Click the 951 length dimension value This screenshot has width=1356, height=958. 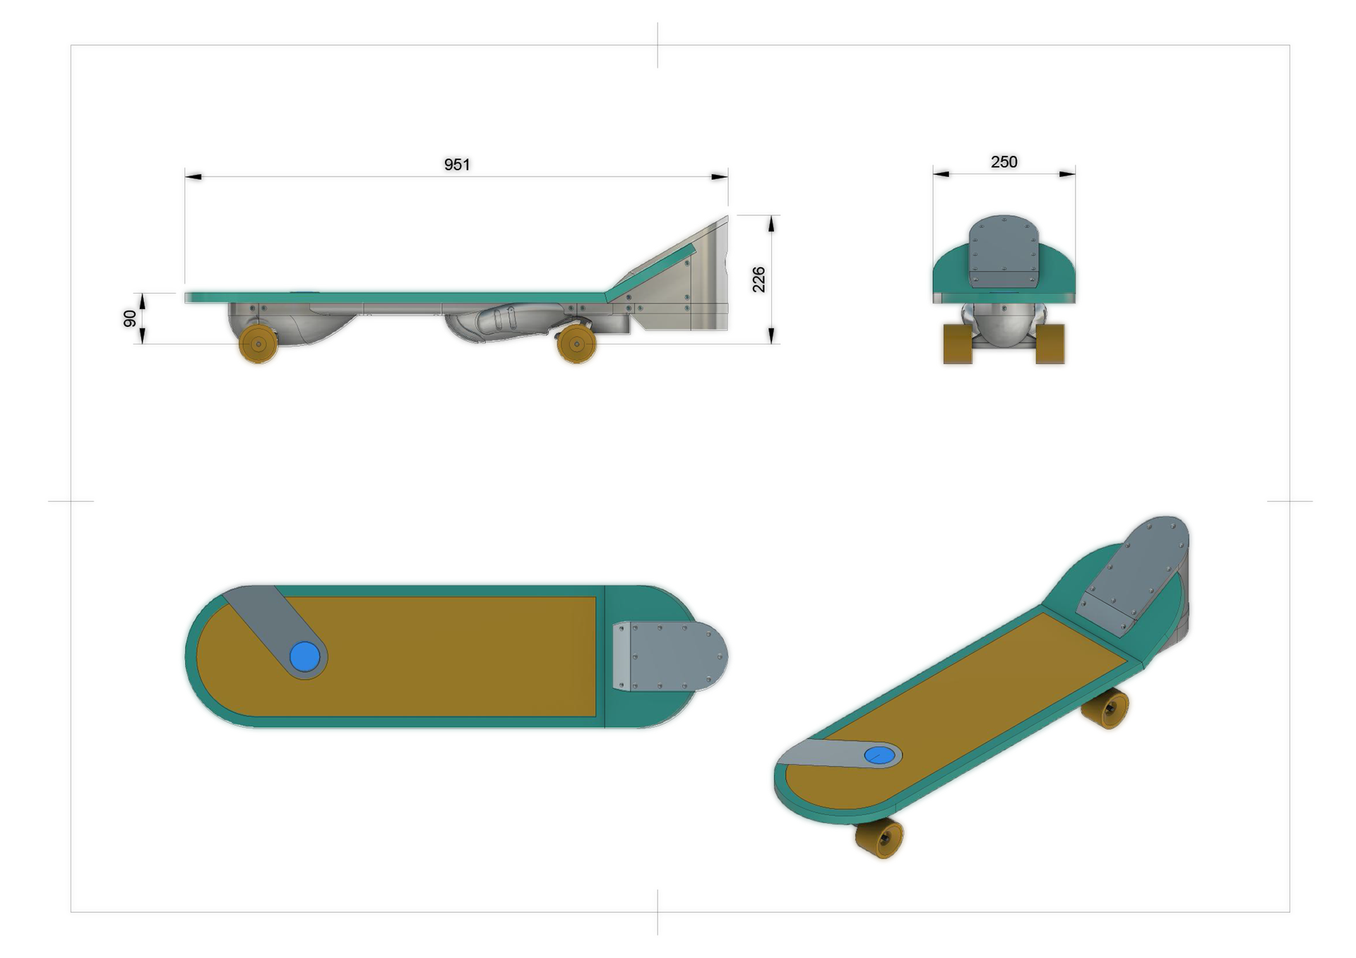[x=457, y=164]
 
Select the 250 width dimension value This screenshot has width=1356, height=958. [x=1004, y=162]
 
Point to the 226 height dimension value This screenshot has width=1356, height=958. [x=759, y=280]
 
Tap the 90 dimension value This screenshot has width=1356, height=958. [x=130, y=318]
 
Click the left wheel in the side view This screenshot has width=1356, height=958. [x=258, y=344]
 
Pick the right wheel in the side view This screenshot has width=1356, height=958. [x=576, y=344]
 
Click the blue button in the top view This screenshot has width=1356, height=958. [x=305, y=657]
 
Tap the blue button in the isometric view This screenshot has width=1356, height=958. [x=880, y=755]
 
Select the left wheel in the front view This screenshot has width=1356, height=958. [x=958, y=344]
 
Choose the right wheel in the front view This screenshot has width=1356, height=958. [x=1050, y=344]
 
